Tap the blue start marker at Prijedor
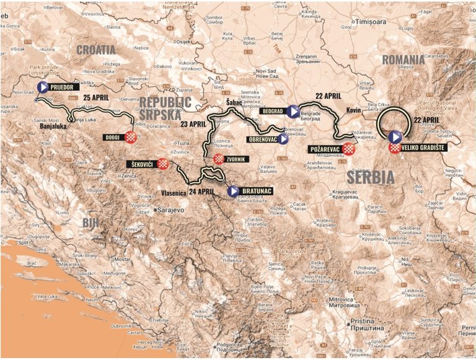[43, 87]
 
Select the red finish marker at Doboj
[130, 137]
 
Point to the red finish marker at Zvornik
[218, 159]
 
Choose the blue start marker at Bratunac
[232, 191]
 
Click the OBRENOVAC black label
[262, 139]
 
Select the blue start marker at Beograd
[293, 111]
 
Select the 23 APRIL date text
[193, 123]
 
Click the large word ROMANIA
[403, 59]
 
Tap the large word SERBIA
[371, 177]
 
